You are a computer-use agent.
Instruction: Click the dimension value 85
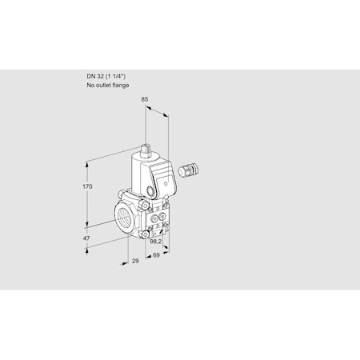tap(144, 100)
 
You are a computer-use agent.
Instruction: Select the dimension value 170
tap(89, 186)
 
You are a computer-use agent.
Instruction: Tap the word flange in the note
tap(119, 84)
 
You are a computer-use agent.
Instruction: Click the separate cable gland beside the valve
tap(191, 170)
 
